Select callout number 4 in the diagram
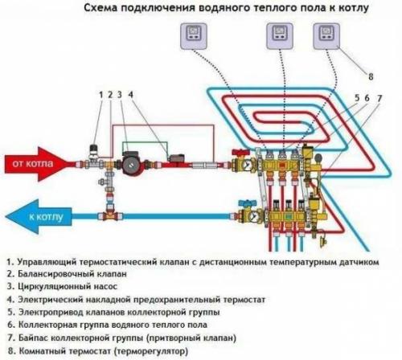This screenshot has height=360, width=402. click(132, 95)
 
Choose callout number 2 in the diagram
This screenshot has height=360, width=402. click(111, 95)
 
